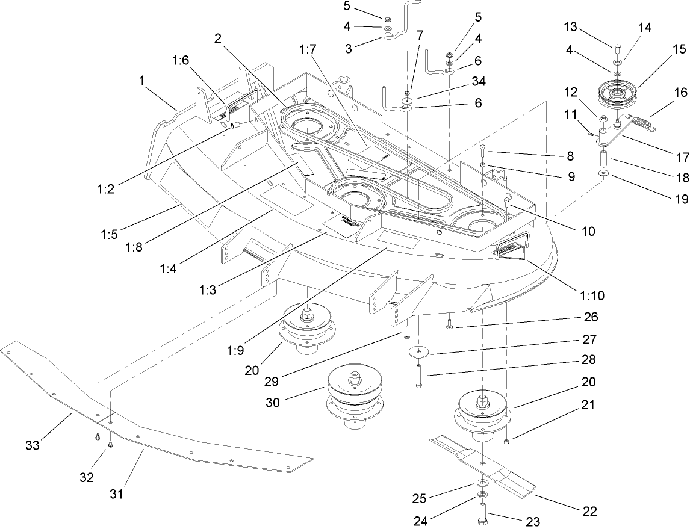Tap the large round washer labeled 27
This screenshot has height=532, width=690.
tap(417, 353)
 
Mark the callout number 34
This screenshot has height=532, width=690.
tap(480, 81)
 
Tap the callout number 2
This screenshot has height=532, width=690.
tap(218, 37)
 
